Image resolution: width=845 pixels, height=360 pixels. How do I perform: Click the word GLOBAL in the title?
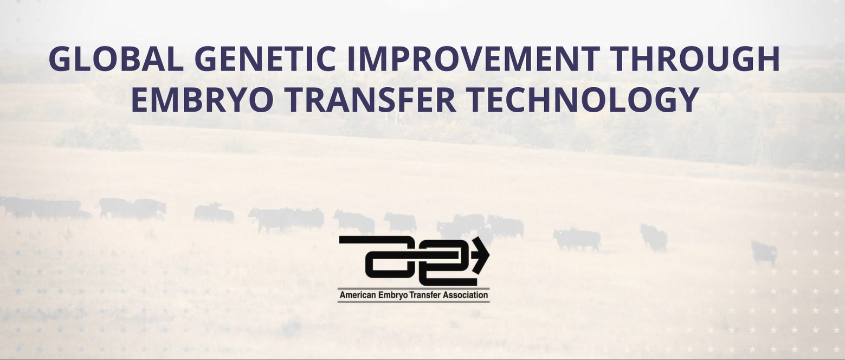pos(116,59)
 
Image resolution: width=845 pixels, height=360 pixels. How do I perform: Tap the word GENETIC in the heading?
pos(265,59)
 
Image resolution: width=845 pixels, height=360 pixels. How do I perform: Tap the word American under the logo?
pos(358,295)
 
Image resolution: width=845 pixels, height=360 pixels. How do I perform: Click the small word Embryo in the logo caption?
pos(392,295)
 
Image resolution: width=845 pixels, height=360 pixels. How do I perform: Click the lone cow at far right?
pos(764,253)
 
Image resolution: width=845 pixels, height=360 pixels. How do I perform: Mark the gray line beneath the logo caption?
pos(414,302)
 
